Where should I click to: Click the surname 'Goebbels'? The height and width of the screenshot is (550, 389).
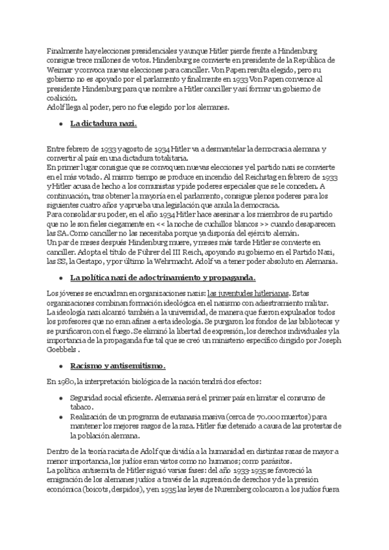tap(65, 346)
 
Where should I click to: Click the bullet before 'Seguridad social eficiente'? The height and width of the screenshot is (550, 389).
tap(60, 396)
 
